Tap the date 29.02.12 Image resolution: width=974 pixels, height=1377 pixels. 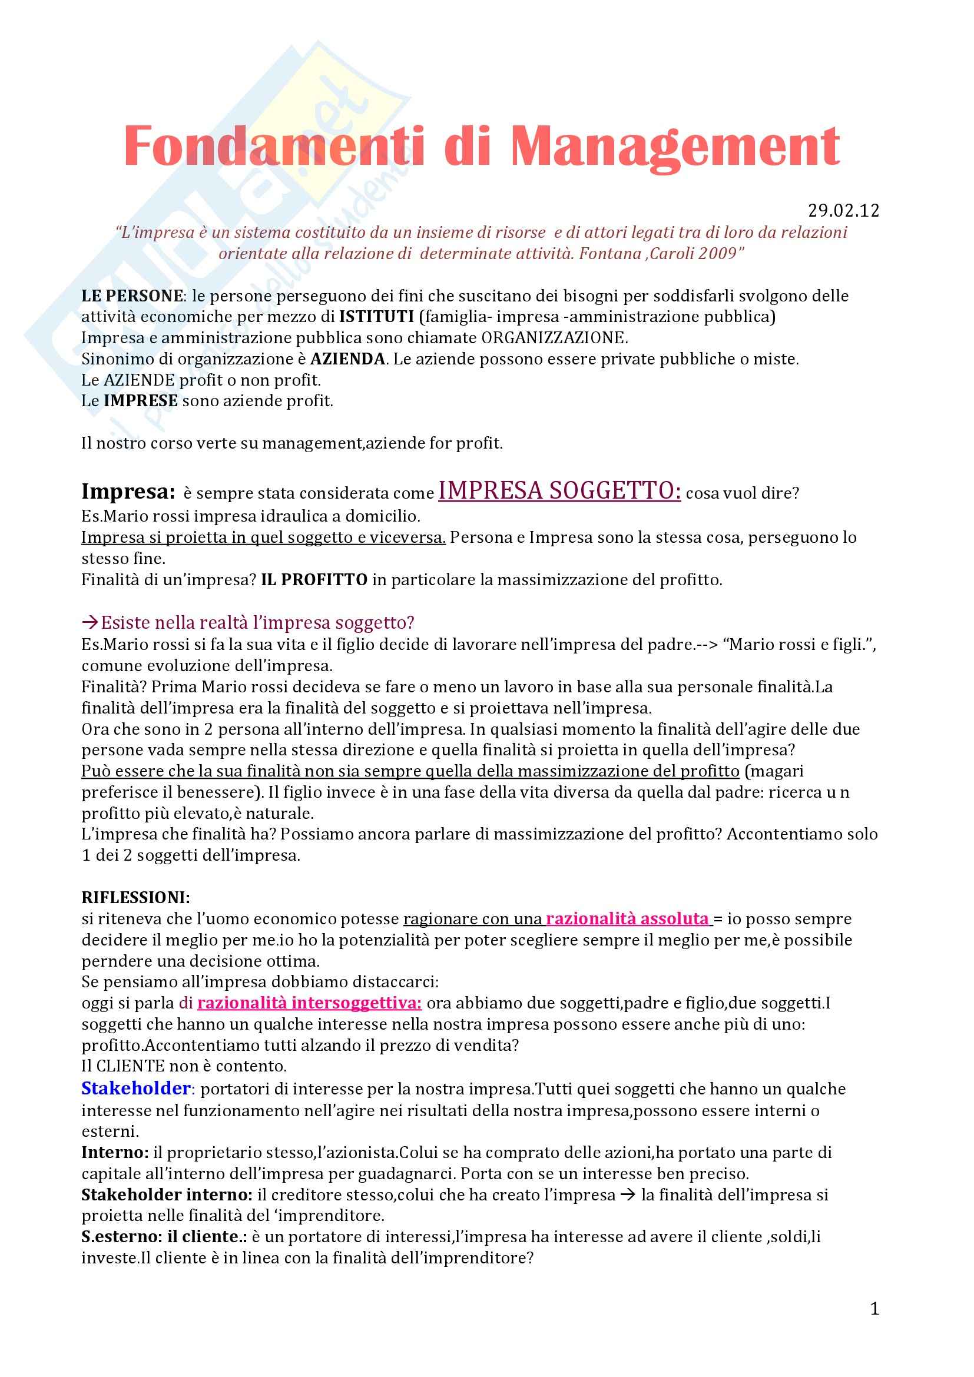[x=843, y=211]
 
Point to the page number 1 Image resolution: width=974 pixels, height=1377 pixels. [x=874, y=1309]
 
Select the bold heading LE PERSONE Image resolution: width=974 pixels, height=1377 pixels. [x=132, y=296]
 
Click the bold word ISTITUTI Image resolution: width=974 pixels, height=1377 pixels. [x=377, y=317]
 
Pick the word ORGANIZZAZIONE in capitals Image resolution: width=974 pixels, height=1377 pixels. [x=554, y=338]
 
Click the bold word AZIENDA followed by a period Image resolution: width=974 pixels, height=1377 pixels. [x=348, y=359]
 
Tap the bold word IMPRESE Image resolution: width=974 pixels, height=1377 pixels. [x=141, y=401]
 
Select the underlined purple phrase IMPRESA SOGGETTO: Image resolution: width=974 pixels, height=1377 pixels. [x=559, y=491]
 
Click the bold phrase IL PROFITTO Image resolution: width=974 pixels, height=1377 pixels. [x=314, y=580]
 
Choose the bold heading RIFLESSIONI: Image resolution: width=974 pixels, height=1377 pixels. [x=136, y=898]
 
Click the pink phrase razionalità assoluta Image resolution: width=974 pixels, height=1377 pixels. [x=627, y=919]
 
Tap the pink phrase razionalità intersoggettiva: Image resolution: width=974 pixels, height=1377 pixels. [x=310, y=1003]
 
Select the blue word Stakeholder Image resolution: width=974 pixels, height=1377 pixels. [x=136, y=1088]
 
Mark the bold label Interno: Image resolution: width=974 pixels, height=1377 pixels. [x=115, y=1152]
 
